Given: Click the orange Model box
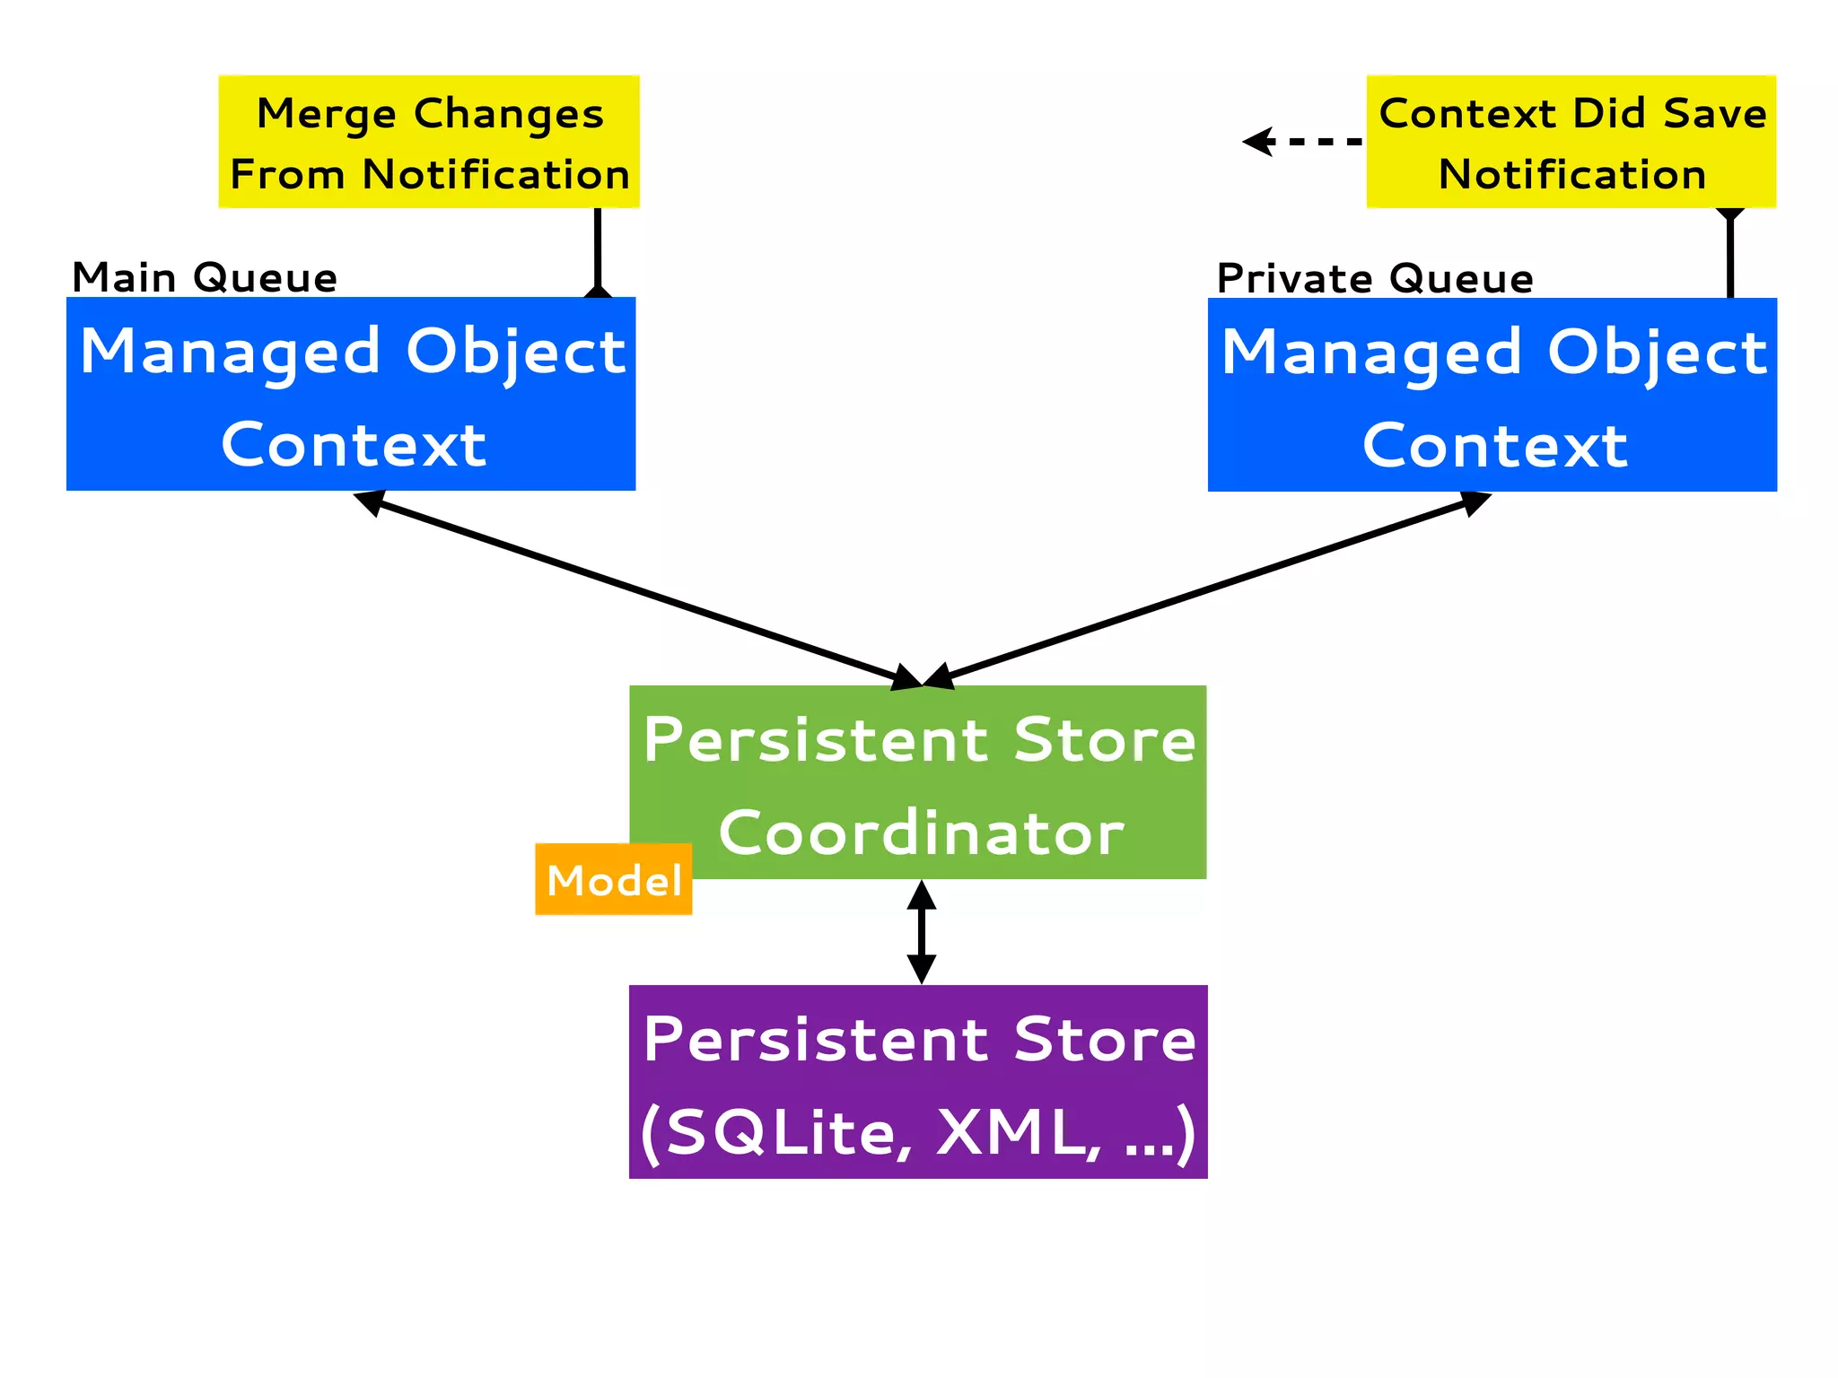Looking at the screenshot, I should (613, 879).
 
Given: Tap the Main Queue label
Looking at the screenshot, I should (205, 277).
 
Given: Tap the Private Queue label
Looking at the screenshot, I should (1374, 278).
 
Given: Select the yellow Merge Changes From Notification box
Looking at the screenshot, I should (429, 142).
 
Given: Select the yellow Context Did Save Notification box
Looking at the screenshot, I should (1571, 142).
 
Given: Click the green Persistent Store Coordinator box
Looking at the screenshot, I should (917, 782).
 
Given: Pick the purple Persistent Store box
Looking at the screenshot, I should (917, 1081).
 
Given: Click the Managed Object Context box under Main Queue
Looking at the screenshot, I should (351, 395).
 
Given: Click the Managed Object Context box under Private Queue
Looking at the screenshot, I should (1492, 395).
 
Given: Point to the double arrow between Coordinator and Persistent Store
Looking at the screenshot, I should (921, 932).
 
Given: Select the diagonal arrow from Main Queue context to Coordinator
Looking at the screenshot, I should (637, 589).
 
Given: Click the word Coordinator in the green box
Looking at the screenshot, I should (921, 833).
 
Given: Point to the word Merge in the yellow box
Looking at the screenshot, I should (327, 114).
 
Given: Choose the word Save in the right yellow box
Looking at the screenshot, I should (1714, 114).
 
